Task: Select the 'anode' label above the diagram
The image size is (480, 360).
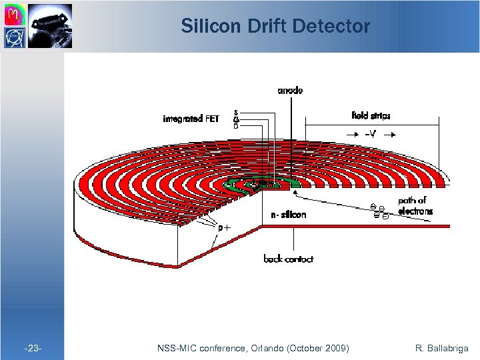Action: pyautogui.click(x=290, y=91)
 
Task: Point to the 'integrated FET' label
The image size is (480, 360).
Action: pyautogui.click(x=191, y=119)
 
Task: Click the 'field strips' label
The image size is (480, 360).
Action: pyautogui.click(x=370, y=115)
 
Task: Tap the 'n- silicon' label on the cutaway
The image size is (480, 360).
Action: pyautogui.click(x=289, y=215)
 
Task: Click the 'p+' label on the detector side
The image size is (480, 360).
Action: pyautogui.click(x=225, y=227)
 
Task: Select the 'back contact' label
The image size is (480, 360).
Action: pyautogui.click(x=288, y=259)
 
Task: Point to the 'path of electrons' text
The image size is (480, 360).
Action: pyautogui.click(x=415, y=205)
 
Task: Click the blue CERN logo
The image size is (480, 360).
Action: pyautogui.click(x=14, y=37)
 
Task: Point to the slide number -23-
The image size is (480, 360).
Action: pyautogui.click(x=33, y=348)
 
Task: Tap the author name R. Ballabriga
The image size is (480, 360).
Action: pyautogui.click(x=441, y=348)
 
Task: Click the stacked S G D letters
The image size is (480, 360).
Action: pyautogui.click(x=236, y=119)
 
